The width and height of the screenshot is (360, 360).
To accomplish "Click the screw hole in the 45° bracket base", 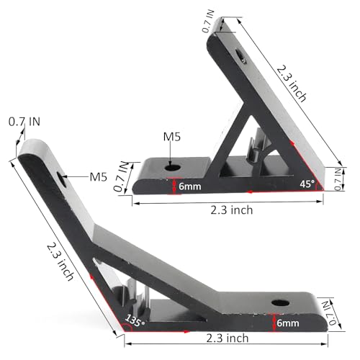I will [x=171, y=166].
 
